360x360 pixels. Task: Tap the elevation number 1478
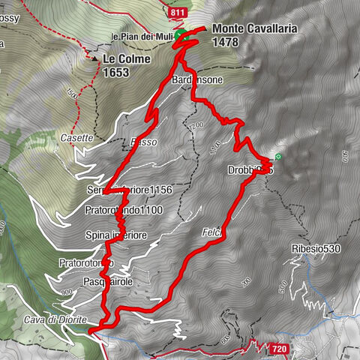click(225, 43)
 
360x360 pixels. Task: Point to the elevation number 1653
click(118, 72)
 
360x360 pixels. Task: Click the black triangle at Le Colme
click(95, 57)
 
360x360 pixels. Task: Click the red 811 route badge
click(178, 13)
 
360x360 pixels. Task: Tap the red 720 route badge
click(279, 349)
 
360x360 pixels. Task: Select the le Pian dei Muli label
click(142, 36)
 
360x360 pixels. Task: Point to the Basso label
click(140, 142)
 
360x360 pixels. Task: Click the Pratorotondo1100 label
click(124, 211)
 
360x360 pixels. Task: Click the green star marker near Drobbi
click(278, 157)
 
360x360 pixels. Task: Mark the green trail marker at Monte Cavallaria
click(179, 35)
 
